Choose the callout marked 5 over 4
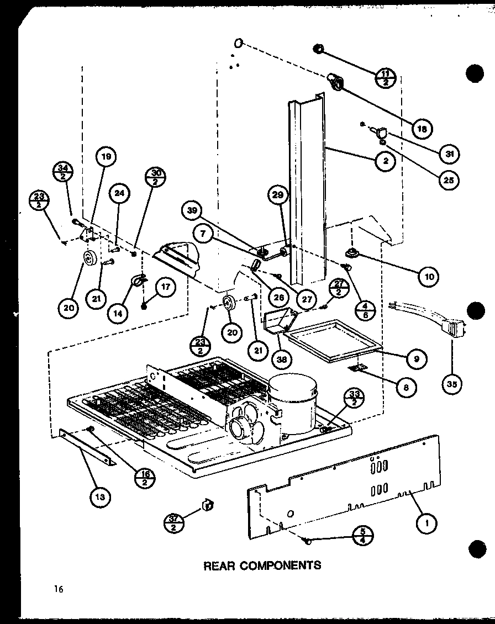tap(362, 536)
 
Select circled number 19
tap(106, 157)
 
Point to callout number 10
tap(429, 277)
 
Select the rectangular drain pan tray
tap(331, 343)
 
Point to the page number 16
tap(59, 589)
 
